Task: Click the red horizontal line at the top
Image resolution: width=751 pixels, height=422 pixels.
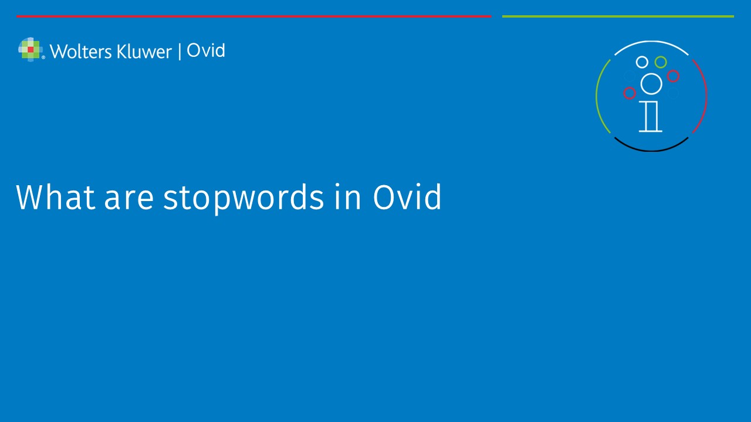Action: [254, 16]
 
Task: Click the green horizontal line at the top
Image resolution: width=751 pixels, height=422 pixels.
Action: [618, 16]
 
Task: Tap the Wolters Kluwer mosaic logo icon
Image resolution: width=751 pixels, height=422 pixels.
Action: [30, 50]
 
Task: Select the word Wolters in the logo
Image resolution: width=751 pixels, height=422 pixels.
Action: [81, 52]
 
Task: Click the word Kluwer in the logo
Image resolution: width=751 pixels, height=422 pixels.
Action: [144, 52]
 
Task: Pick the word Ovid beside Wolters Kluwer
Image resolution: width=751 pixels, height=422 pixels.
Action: [206, 50]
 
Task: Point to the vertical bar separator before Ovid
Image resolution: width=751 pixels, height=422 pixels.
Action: [180, 52]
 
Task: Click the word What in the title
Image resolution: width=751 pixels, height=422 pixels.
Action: [55, 197]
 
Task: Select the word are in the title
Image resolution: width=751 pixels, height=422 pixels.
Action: [129, 200]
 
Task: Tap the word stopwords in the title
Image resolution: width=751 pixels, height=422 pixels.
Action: [243, 198]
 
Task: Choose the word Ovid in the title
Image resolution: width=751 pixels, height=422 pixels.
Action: [407, 197]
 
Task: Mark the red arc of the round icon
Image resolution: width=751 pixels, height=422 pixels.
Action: [706, 96]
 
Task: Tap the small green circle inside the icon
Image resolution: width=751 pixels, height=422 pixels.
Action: [661, 62]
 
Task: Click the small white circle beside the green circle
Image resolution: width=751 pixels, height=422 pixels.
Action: [642, 62]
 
